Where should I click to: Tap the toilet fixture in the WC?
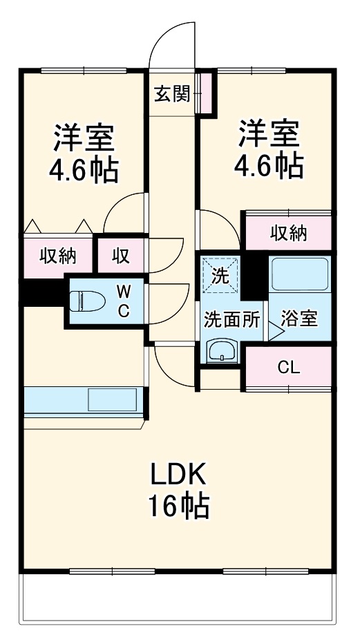tap(86, 301)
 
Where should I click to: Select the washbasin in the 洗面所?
tap(222, 351)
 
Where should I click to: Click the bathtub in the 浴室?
tap(299, 274)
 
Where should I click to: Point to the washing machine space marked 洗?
tap(220, 276)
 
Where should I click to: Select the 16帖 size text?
tap(178, 508)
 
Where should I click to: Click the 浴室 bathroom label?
tap(299, 319)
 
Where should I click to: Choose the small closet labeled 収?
tap(121, 256)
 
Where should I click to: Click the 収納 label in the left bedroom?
tap(57, 256)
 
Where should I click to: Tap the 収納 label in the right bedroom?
tap(287, 234)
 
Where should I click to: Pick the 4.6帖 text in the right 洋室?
tap(269, 165)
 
